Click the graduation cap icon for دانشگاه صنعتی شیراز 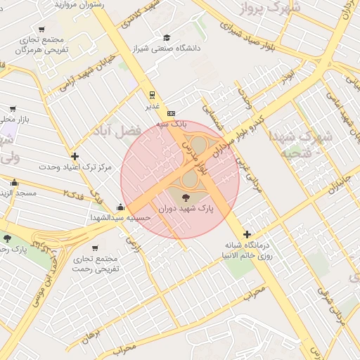pyautogui.click(x=167, y=37)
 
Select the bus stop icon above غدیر pyautogui.click(x=152, y=94)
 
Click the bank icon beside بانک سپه pyautogui.click(x=171, y=113)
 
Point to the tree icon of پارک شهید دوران pyautogui.click(x=186, y=198)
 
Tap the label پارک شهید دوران pyautogui.click(x=186, y=210)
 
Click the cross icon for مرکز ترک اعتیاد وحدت pyautogui.click(x=75, y=156)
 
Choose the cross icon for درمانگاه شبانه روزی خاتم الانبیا pyautogui.click(x=247, y=234)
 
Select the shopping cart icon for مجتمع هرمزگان pyautogui.click(x=42, y=30)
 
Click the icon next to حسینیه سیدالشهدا pyautogui.click(x=121, y=207)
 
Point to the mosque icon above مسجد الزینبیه pyautogui.click(x=14, y=182)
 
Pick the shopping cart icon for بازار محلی pyautogui.click(x=13, y=109)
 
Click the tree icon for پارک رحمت pyautogui.click(x=7, y=239)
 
